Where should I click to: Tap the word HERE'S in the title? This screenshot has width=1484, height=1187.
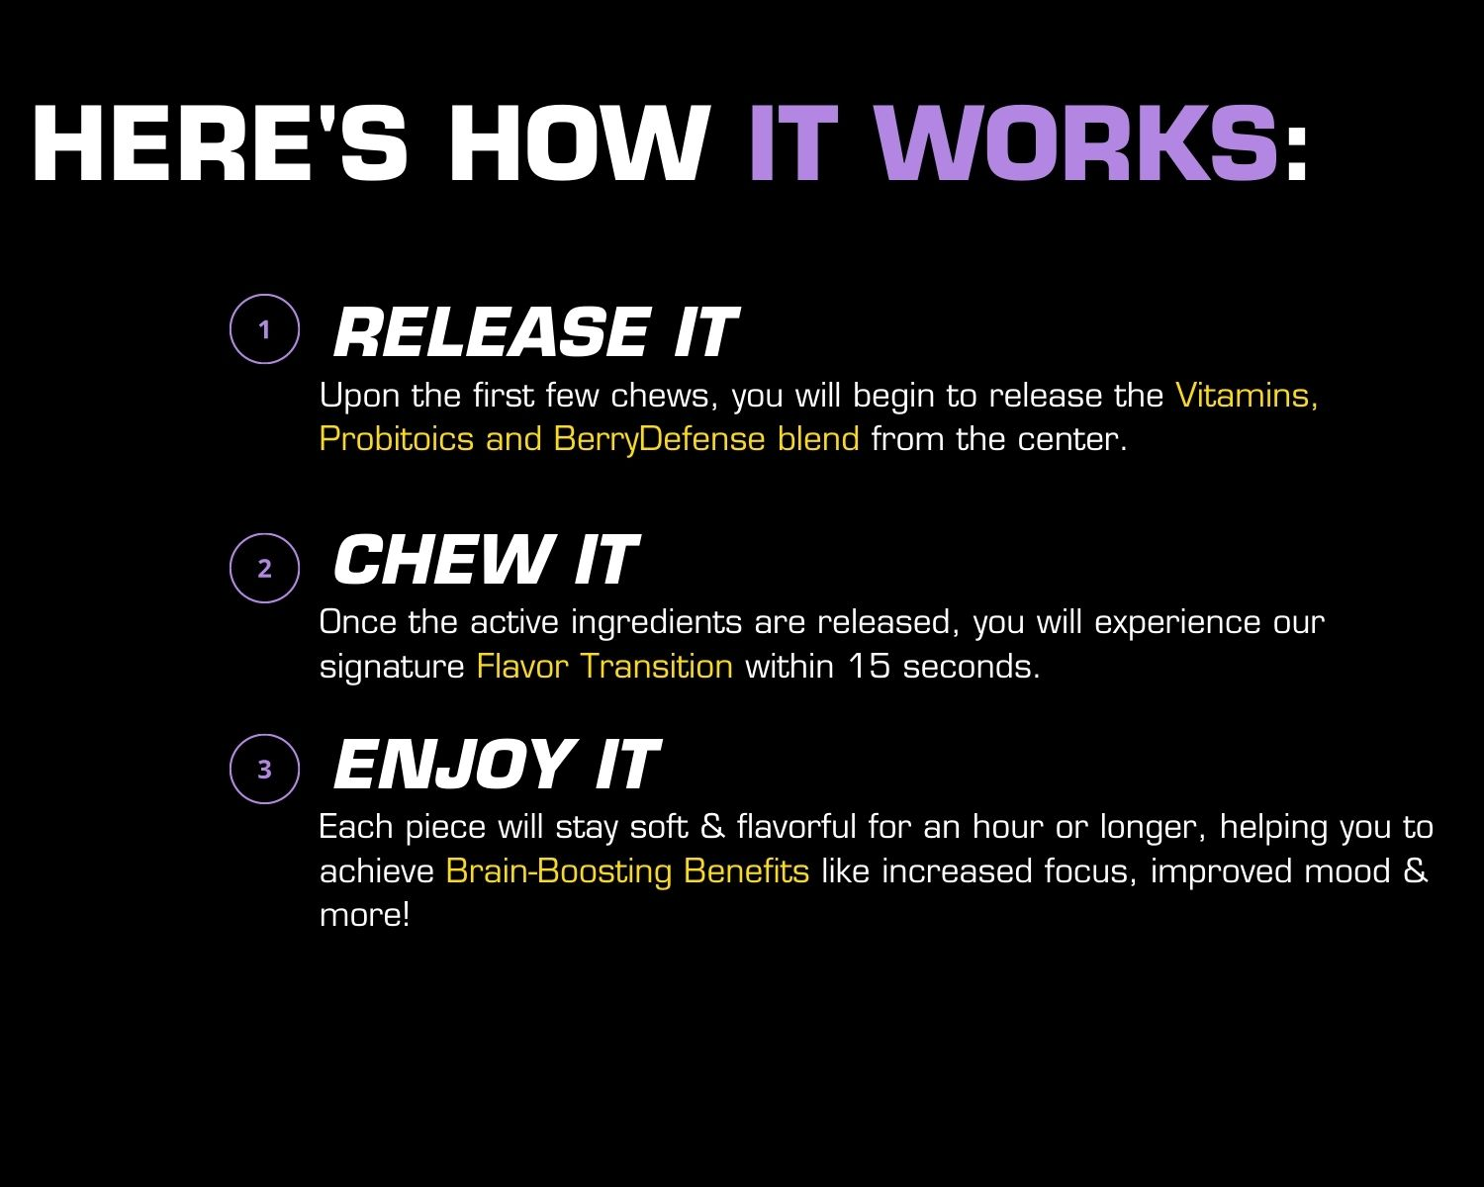pyautogui.click(x=221, y=143)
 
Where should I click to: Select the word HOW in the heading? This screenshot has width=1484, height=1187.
pyautogui.click(x=580, y=143)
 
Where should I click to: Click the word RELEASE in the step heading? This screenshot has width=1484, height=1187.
pyautogui.click(x=492, y=332)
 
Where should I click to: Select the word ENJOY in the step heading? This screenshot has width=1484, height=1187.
pyautogui.click(x=455, y=764)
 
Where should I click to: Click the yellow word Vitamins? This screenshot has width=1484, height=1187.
pyautogui.click(x=1247, y=396)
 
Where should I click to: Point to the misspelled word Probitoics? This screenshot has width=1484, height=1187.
pyautogui.click(x=397, y=439)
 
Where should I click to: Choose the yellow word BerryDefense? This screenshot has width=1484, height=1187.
pyautogui.click(x=659, y=439)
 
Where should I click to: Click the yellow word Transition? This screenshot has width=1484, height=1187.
pyautogui.click(x=657, y=667)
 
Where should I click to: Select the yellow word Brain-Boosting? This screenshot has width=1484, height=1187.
pyautogui.click(x=559, y=871)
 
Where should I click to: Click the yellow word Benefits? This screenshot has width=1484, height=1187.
pyautogui.click(x=746, y=871)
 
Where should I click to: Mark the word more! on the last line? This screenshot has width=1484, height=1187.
pyautogui.click(x=365, y=915)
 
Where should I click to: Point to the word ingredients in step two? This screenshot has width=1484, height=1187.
pyautogui.click(x=657, y=623)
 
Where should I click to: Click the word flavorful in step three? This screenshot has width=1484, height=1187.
pyautogui.click(x=796, y=826)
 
